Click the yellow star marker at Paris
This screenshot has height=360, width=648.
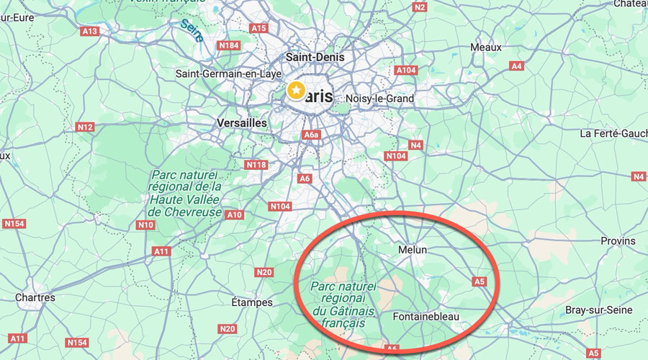(x=295, y=91)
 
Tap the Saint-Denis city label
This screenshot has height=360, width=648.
(x=315, y=57)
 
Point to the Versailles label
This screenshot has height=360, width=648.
(x=242, y=123)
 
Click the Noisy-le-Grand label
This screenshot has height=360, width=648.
(x=379, y=99)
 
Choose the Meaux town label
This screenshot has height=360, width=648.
(x=485, y=47)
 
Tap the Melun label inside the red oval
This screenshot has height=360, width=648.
(x=413, y=250)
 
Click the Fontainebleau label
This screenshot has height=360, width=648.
(x=426, y=317)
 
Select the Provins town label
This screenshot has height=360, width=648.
(x=618, y=240)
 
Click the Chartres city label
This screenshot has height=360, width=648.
(x=35, y=297)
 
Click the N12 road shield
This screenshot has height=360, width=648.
(x=85, y=127)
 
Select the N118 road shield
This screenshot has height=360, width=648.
(x=256, y=165)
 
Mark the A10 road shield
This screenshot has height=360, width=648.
(x=235, y=215)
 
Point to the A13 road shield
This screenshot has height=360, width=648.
(x=90, y=32)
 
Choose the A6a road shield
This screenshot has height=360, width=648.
(x=311, y=135)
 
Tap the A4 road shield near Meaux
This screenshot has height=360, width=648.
(x=516, y=66)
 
